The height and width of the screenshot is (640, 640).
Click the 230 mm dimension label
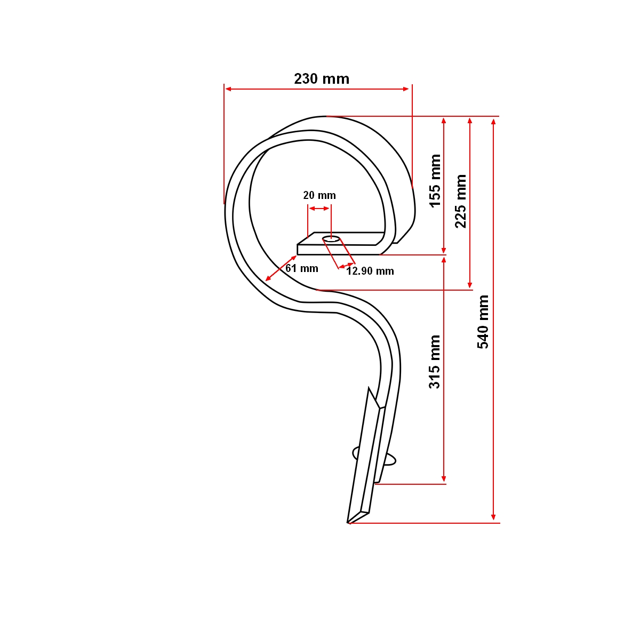click(x=322, y=79)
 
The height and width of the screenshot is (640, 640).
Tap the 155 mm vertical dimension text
click(x=436, y=180)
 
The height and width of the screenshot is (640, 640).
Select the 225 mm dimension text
click(x=461, y=201)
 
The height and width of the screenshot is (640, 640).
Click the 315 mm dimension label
click(x=435, y=361)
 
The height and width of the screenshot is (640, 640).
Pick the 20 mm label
click(x=319, y=195)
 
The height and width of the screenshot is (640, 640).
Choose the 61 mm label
click(x=302, y=268)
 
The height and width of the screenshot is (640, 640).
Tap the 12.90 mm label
click(x=370, y=271)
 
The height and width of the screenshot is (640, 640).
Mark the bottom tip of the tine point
click(x=349, y=523)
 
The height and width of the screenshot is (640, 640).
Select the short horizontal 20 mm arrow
click(x=319, y=208)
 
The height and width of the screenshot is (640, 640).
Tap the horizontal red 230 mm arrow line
click(x=317, y=89)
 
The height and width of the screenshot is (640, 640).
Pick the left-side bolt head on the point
click(x=356, y=453)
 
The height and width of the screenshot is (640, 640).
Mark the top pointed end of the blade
click(x=368, y=389)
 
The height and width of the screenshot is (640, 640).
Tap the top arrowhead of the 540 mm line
click(x=494, y=122)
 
